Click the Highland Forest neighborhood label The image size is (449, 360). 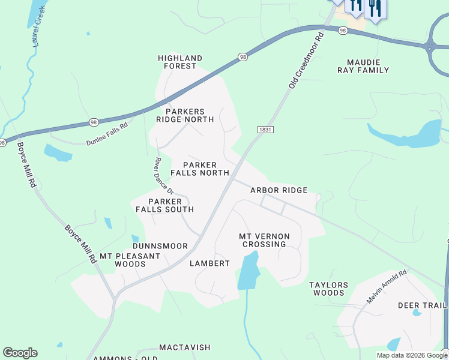click(x=180, y=62)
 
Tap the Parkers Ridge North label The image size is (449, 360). click(x=185, y=115)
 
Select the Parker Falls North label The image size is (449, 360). click(x=200, y=169)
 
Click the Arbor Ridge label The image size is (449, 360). click(x=279, y=190)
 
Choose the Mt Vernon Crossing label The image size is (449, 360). click(x=264, y=240)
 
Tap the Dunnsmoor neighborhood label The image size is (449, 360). click(x=160, y=246)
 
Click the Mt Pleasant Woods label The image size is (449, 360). click(x=130, y=260)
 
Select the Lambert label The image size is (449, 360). click(x=209, y=263)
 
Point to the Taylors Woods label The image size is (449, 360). click(x=327, y=289)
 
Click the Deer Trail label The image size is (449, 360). click(x=422, y=305)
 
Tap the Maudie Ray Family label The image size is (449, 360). click(x=368, y=66)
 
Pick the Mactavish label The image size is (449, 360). click(x=185, y=347)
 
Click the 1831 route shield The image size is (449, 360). click(x=265, y=130)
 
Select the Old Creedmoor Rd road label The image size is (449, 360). click(x=306, y=61)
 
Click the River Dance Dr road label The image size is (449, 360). click(x=164, y=176)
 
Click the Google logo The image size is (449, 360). click(x=20, y=353)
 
